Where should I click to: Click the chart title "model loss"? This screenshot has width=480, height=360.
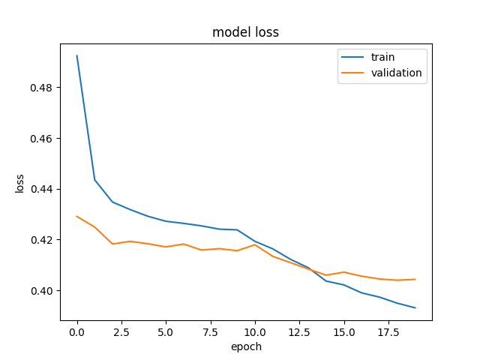coord(245,32)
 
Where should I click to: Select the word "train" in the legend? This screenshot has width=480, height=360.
coord(382,57)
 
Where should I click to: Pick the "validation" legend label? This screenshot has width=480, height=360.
coord(397,73)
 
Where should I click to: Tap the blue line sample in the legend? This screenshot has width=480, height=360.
coord(352,57)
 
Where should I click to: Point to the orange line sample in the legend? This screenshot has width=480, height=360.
coord(352,73)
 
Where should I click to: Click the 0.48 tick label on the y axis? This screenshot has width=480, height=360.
coord(41,88)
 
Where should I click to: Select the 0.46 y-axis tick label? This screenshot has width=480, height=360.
coord(41,139)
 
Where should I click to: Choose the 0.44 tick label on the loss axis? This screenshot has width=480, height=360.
coord(41,190)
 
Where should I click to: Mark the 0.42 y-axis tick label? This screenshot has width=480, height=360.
coord(41,240)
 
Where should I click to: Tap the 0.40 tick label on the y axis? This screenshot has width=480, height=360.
coord(41,291)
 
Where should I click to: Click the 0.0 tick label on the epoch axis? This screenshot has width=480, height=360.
coord(76,332)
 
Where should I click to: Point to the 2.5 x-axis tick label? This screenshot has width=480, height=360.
coord(121,332)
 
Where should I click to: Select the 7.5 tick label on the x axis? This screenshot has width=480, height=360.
coord(210,332)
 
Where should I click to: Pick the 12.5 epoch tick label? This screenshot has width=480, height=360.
coord(299,332)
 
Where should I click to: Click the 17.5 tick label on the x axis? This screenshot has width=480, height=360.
coord(388,332)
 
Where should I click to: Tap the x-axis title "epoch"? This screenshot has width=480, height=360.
coord(246,346)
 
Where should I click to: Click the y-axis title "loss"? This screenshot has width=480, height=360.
coord(19,184)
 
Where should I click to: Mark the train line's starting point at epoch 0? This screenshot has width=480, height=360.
coord(76,55)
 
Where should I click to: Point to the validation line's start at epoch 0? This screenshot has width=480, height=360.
coord(76,217)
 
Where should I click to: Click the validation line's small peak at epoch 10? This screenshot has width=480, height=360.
coord(255,244)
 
